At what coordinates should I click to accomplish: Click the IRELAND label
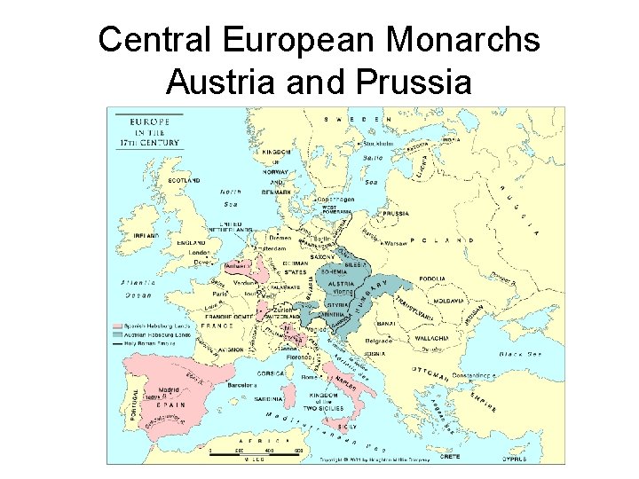pyautogui.click(x=146, y=236)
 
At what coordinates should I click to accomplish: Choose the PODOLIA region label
pyautogui.click(x=458, y=278)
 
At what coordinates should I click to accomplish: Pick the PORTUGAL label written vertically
pyautogui.click(x=135, y=405)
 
